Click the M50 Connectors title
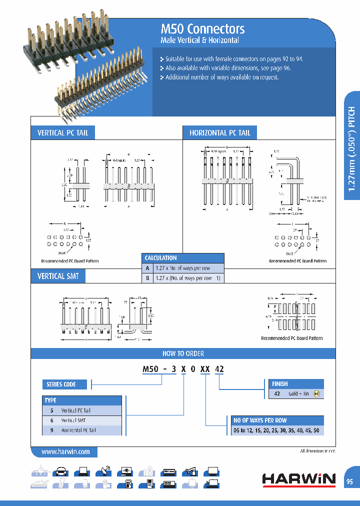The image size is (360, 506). pyautogui.click(x=202, y=29)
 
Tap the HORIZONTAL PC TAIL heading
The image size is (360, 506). pyautogui.click(x=219, y=133)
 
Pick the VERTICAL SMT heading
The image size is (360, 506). pyautogui.click(x=58, y=276)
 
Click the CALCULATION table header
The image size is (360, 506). pyautogui.click(x=160, y=258)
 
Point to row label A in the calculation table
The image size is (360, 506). pyautogui.click(x=147, y=268)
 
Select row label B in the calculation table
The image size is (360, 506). pyautogui.click(x=147, y=278)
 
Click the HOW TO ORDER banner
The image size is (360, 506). pyautogui.click(x=183, y=353)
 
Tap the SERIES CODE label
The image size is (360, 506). pyautogui.click(x=61, y=384)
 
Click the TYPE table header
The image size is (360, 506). pyautogui.click(x=51, y=400)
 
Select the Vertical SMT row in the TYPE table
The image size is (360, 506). pyautogui.click(x=73, y=420)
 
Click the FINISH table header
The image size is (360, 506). pyautogui.click(x=280, y=384)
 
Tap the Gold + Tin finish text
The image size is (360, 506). pyautogui.click(x=299, y=394)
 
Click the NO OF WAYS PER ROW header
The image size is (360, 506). pyautogui.click(x=260, y=420)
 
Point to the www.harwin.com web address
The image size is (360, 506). pyautogui.click(x=65, y=451)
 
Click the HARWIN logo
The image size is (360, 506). pyautogui.click(x=299, y=479)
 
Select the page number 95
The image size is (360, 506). pyautogui.click(x=349, y=481)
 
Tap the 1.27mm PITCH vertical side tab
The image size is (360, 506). pyautogui.click(x=351, y=148)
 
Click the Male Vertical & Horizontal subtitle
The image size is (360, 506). pyautogui.click(x=199, y=40)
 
